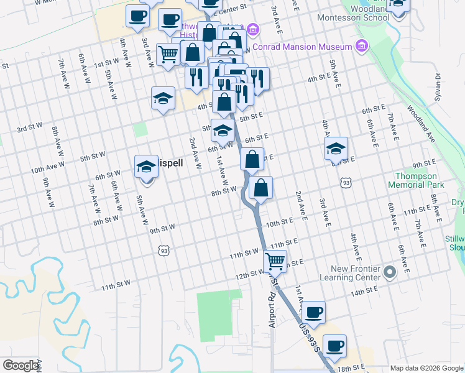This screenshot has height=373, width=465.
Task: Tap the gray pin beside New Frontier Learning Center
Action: point(390,272)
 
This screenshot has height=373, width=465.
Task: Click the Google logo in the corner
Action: point(21,366)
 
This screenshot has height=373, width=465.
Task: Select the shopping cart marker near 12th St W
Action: point(275,260)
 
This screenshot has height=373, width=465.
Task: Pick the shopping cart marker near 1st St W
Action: point(168,54)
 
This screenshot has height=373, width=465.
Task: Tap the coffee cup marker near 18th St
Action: point(334,346)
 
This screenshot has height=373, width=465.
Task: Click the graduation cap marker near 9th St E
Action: point(336,149)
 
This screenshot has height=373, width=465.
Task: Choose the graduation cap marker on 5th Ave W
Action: point(147,167)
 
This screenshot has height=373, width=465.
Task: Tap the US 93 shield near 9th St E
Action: point(346,183)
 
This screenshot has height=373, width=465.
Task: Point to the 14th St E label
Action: point(364,290)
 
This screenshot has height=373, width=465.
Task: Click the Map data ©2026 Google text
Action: point(426,367)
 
